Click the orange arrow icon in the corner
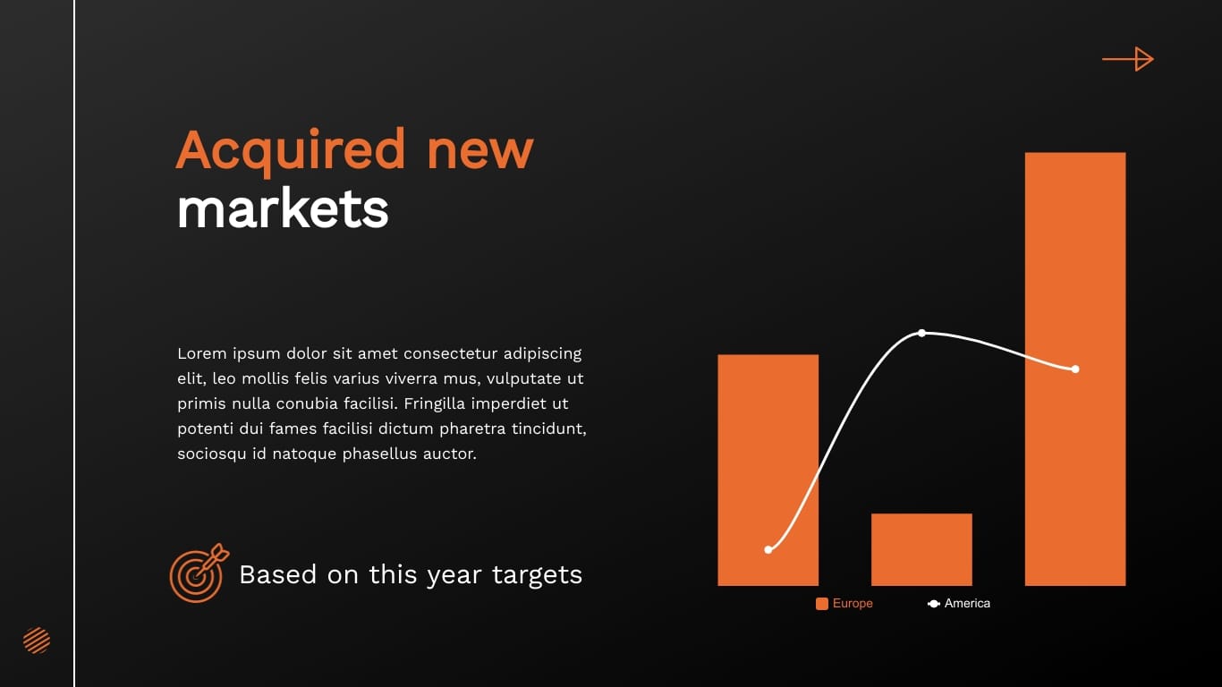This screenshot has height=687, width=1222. [1128, 59]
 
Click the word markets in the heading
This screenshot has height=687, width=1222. [283, 209]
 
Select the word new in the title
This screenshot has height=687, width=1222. [479, 150]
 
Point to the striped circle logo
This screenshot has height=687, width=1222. [37, 640]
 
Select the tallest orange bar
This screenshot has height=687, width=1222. [1074, 369]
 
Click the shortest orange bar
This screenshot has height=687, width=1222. [921, 549]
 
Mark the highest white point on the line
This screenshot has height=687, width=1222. [921, 334]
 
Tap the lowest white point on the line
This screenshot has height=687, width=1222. [768, 549]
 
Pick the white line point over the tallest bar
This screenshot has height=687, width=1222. [1075, 369]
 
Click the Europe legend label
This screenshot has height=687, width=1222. [853, 604]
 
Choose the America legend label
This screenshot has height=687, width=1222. [967, 604]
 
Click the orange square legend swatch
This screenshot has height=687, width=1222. [822, 604]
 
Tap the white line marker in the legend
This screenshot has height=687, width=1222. [934, 604]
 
